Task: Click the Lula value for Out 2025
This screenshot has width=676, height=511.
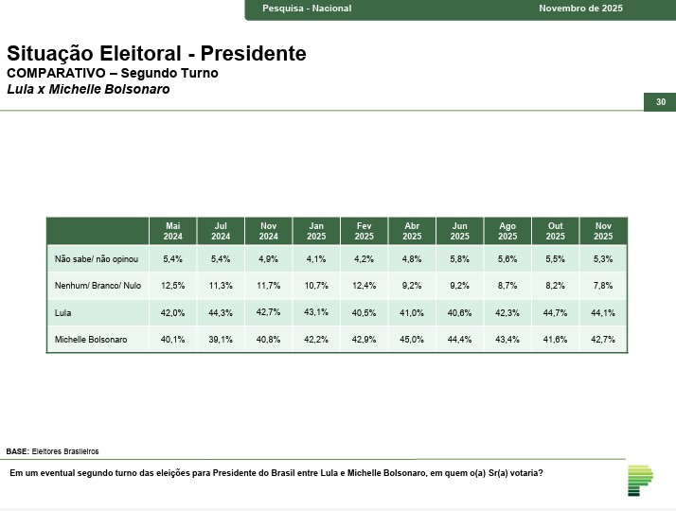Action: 555,312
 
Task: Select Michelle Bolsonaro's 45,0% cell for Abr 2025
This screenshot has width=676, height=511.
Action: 412,340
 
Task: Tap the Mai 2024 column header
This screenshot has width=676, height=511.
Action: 173,231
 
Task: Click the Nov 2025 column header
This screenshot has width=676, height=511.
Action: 603,231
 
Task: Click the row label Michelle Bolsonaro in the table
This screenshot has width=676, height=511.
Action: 90,340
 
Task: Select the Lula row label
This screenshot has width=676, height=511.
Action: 64,312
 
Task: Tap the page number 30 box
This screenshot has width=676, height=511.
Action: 660,102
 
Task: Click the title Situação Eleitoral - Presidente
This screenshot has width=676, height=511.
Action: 156,54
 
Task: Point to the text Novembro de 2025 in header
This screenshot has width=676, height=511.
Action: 580,9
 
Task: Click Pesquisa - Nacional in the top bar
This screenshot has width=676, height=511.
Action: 306,9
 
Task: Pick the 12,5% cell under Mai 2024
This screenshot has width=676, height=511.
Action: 173,285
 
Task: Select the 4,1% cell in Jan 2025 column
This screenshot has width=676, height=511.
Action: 316,258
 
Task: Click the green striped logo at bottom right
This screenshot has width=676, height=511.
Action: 640,480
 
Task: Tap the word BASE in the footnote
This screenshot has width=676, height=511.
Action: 17,451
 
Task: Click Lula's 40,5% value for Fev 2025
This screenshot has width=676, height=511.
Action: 364,312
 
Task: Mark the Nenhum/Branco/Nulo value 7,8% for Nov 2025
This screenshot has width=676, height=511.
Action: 603,285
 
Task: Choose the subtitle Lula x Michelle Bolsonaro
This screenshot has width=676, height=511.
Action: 88,89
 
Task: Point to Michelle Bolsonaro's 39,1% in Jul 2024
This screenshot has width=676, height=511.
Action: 221,340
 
